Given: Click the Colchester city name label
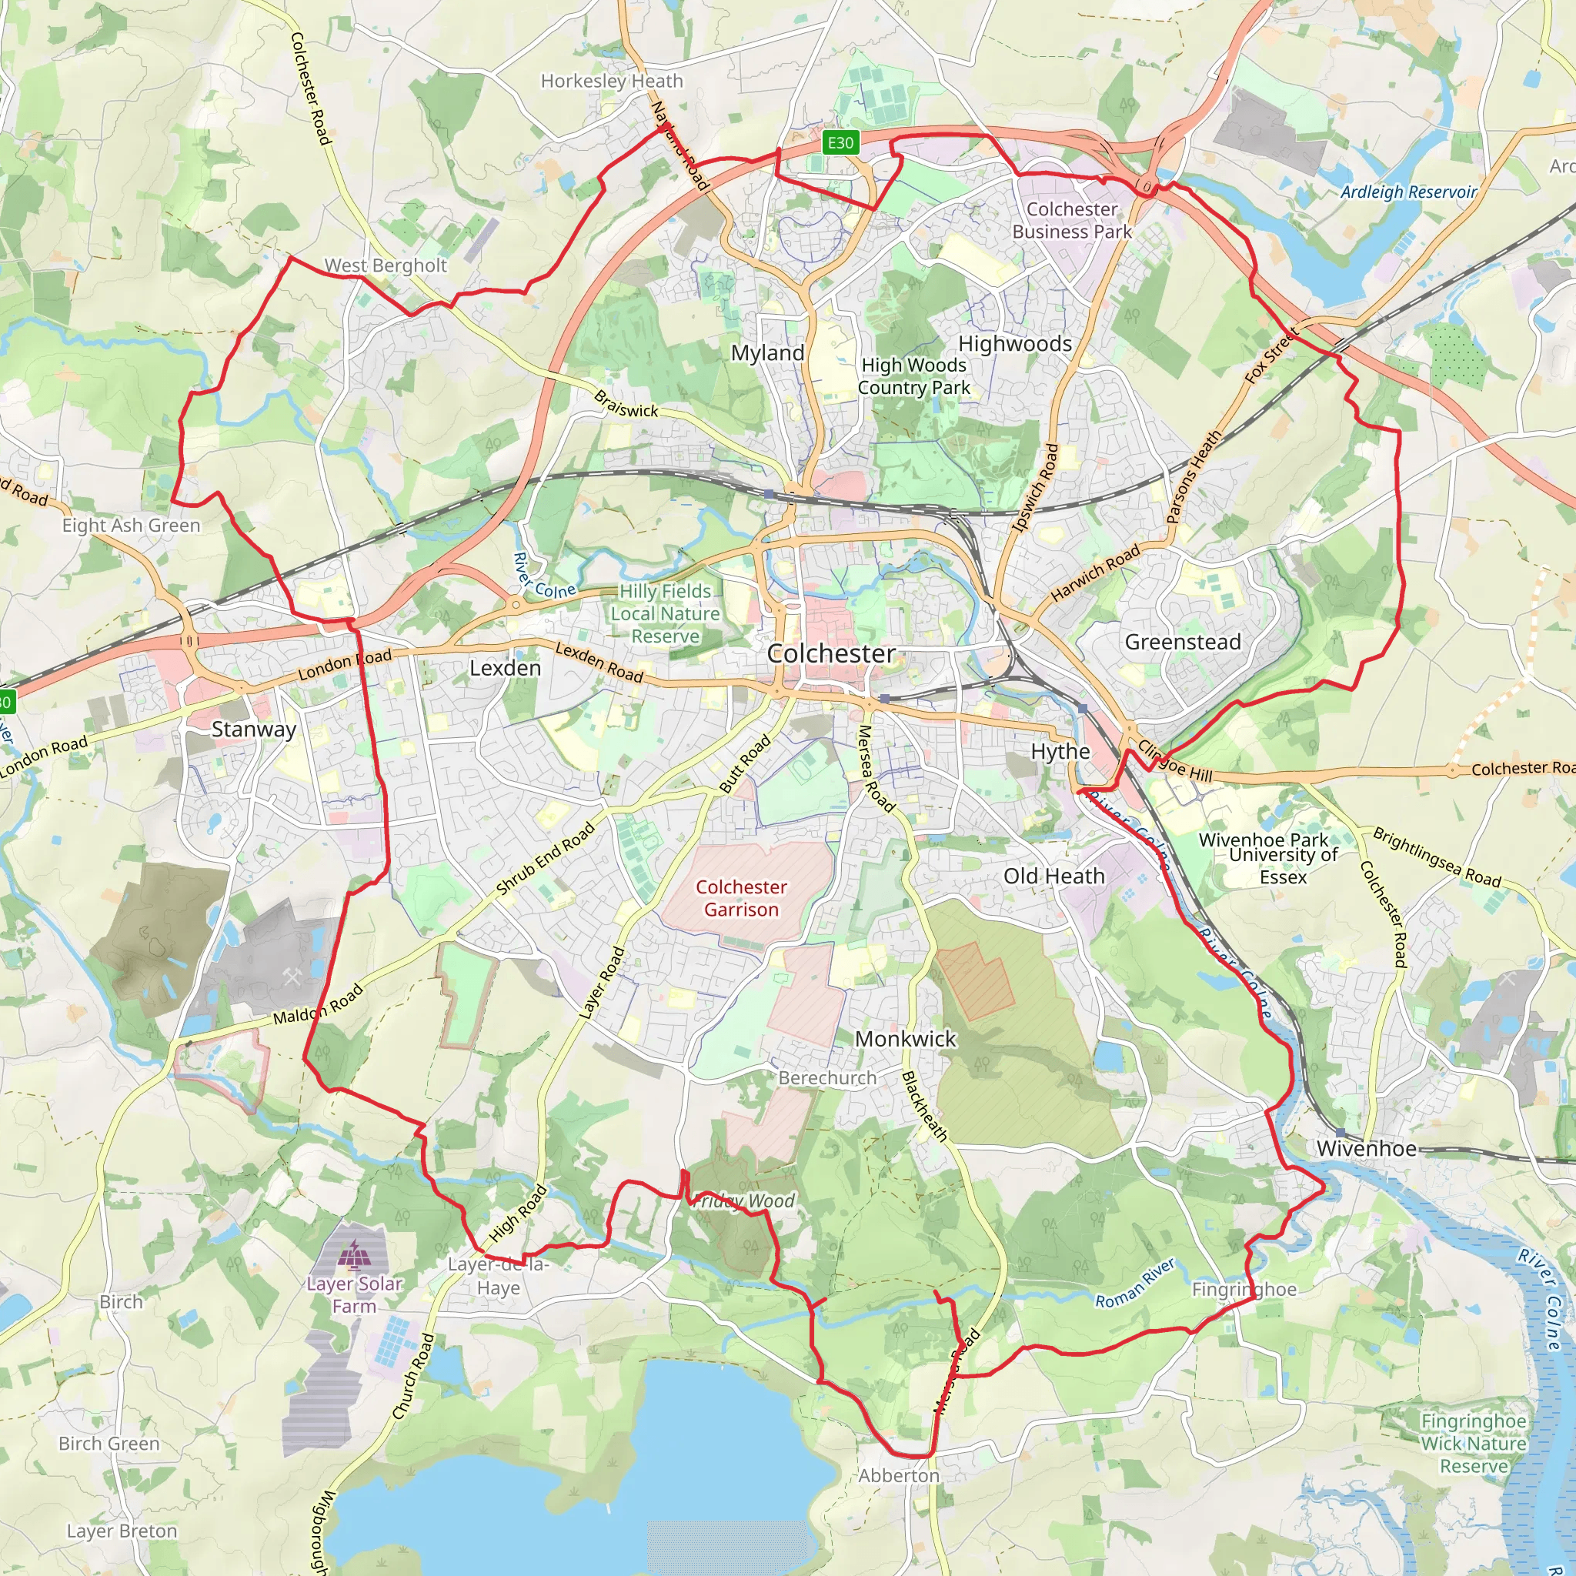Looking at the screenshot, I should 830,653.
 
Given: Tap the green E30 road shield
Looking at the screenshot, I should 840,144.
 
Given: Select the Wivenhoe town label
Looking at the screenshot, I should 1366,1149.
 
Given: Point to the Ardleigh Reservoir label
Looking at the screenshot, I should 1408,192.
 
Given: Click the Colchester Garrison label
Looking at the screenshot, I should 741,898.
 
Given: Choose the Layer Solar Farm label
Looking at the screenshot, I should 354,1294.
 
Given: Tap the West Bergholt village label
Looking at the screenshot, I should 386,265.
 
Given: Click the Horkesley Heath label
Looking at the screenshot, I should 612,81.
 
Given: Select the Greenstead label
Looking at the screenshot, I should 1182,642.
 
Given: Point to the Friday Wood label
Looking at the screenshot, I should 744,1200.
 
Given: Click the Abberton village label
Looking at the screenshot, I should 899,1475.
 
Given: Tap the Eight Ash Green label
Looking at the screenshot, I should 132,526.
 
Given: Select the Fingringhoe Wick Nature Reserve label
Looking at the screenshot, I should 1473,1443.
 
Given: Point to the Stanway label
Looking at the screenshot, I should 254,730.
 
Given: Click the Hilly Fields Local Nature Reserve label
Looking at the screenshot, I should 666,613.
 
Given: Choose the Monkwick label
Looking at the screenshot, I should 905,1038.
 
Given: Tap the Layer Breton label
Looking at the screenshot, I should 122,1531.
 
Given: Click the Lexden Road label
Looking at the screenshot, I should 599,662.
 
